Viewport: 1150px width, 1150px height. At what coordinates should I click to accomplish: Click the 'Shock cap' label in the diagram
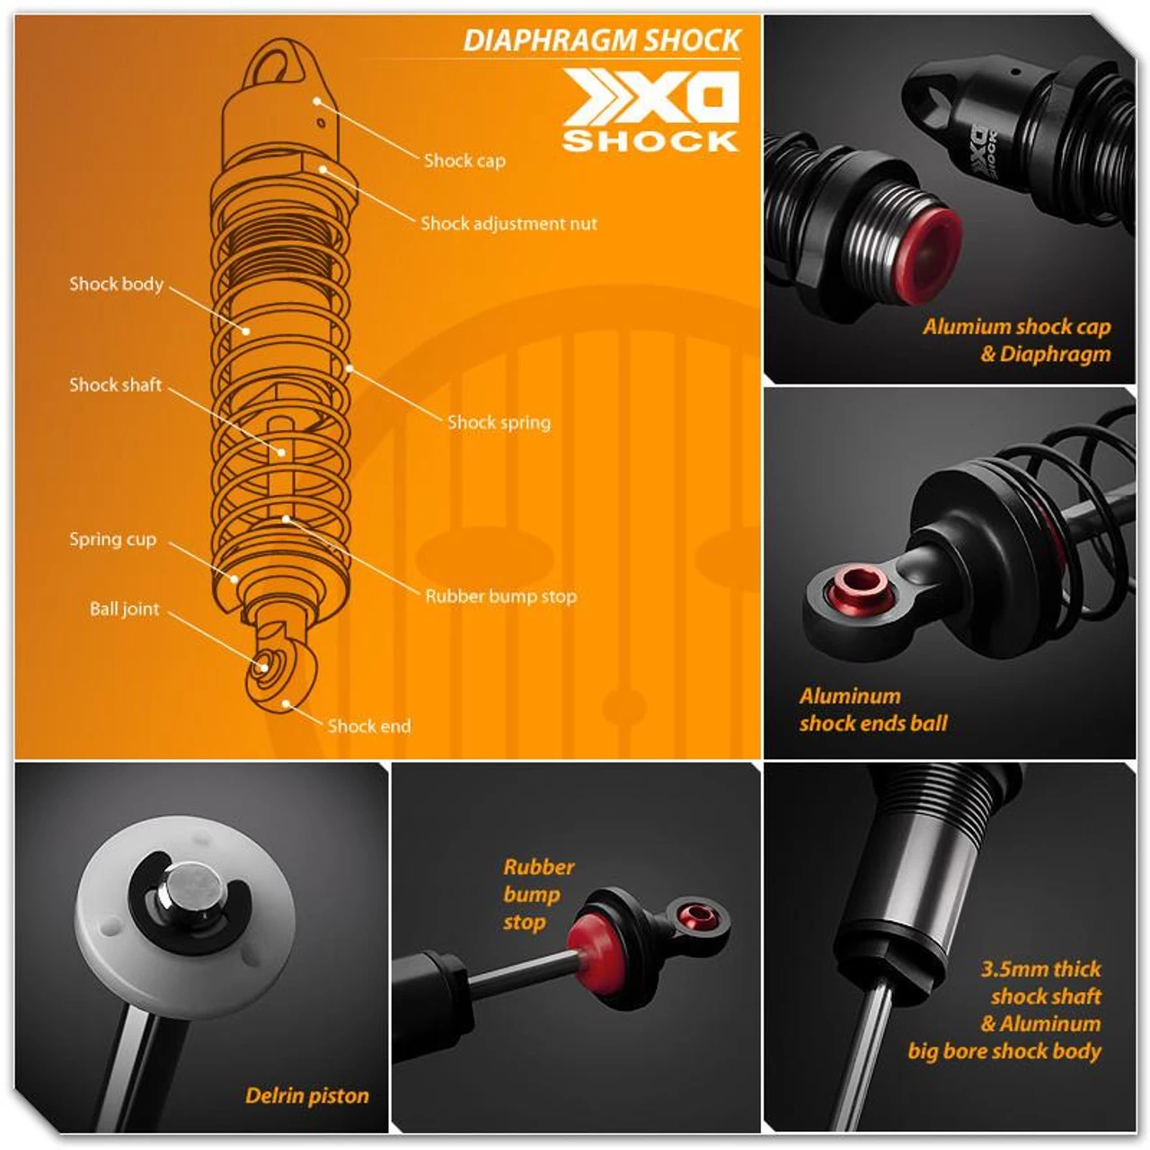(x=464, y=161)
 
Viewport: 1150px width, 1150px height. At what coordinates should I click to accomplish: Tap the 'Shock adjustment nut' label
(x=509, y=223)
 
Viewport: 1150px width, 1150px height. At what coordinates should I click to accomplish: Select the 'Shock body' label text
(x=117, y=284)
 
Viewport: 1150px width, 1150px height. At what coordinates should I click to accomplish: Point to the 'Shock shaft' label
(x=115, y=385)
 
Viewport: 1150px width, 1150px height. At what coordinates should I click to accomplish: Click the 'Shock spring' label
(x=499, y=422)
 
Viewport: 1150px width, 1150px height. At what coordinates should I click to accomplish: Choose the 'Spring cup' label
(x=113, y=539)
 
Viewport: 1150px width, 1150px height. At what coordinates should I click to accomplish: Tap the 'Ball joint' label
(x=125, y=609)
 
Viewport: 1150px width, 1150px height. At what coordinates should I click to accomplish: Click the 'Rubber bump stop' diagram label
(x=500, y=597)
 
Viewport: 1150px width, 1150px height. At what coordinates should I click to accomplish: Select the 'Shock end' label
(x=369, y=726)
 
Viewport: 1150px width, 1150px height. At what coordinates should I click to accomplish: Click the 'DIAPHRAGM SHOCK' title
(x=602, y=40)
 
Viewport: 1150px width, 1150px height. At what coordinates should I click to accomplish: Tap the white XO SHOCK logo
(x=650, y=110)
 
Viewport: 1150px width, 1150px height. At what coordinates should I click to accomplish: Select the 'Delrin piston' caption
(x=306, y=1095)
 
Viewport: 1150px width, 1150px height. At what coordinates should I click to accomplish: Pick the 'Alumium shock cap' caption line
(x=1017, y=326)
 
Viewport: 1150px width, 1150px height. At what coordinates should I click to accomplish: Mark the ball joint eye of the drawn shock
(x=263, y=664)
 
